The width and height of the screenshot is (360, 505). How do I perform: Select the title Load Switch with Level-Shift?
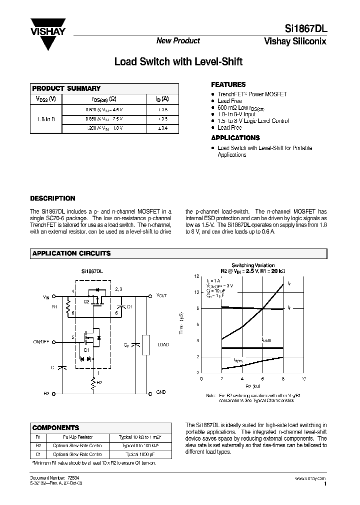coord(178,62)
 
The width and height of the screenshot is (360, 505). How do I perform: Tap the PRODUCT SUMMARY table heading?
coord(66,88)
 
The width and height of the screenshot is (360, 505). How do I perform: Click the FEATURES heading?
coord(228,85)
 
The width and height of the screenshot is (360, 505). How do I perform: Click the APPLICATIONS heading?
coord(235,138)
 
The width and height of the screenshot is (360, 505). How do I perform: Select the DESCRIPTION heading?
coord(52,198)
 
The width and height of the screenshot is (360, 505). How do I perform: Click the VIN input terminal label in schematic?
coord(46,297)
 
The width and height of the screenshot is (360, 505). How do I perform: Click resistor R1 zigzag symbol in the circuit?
coord(67,310)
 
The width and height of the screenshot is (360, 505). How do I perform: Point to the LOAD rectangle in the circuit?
coord(146,344)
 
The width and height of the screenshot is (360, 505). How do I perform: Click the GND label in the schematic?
coord(161,392)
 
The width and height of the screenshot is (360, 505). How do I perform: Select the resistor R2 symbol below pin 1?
coord(92,383)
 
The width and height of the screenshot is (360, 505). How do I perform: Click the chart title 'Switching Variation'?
coord(252,265)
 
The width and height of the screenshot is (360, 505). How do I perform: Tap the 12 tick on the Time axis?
coord(197,276)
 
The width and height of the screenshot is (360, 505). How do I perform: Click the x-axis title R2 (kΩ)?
coord(252,386)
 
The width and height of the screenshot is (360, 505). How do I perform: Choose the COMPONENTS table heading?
coord(55,428)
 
